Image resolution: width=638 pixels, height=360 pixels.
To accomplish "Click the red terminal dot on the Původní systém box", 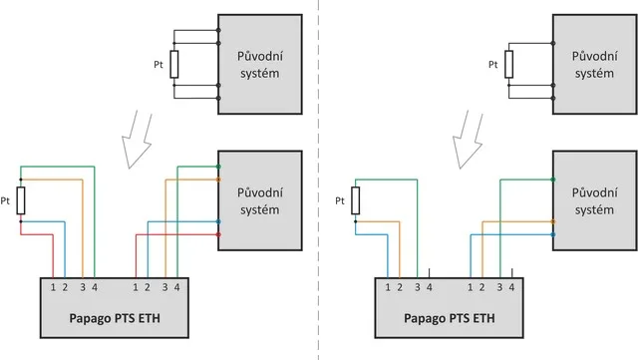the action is click(x=218, y=234).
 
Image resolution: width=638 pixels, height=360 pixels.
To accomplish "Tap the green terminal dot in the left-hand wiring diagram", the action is click(x=218, y=167).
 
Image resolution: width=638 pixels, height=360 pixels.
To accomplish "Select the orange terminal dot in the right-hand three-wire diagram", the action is click(x=553, y=222).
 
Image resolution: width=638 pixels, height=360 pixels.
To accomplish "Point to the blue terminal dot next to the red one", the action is click(x=218, y=222).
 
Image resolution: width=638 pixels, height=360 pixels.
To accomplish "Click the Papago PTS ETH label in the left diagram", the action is click(x=115, y=318).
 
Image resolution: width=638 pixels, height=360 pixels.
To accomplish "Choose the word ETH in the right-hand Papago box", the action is click(x=483, y=318).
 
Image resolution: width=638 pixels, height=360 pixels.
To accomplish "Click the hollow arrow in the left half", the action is click(x=138, y=140).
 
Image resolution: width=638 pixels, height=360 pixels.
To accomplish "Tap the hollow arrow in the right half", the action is click(x=468, y=140).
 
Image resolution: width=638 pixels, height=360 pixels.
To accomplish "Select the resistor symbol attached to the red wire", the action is click(x=21, y=200).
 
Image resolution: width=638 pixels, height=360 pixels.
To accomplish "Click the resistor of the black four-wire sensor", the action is click(x=174, y=65).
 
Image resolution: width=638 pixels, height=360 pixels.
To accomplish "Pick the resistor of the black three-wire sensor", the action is click(x=509, y=65).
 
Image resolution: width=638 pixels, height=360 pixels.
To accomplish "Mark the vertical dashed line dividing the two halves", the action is click(x=319, y=180).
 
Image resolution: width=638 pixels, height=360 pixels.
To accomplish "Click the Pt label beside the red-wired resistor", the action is click(x=5, y=200).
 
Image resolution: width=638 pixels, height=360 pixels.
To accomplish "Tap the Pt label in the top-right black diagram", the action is click(x=493, y=65).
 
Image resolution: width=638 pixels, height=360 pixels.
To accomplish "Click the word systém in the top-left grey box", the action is click(x=259, y=74).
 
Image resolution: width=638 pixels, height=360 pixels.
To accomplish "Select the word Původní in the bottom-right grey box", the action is click(x=594, y=192).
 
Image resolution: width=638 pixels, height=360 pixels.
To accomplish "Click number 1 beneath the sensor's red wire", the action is click(x=53, y=287).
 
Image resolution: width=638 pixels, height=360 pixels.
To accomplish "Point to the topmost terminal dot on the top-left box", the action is click(x=218, y=30).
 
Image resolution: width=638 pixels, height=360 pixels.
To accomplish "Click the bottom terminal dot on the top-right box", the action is click(x=553, y=98).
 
